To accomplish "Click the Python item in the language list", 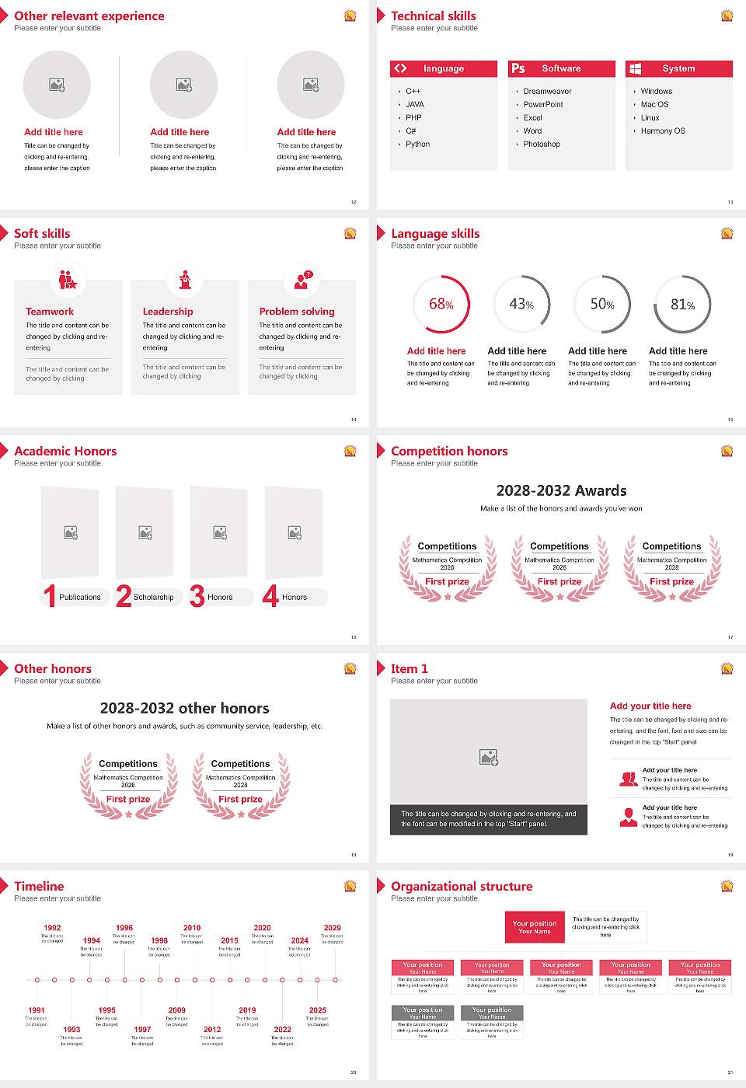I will (417, 145).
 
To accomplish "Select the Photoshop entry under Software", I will (542, 145).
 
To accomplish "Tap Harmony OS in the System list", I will (663, 131).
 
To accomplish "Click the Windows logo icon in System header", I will (635, 68).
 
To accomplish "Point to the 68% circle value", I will (441, 305).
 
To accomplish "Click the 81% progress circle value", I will (682, 305).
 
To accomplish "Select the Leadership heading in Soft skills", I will (168, 312).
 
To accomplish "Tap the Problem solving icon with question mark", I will (302, 280).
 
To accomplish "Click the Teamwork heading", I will (50, 312).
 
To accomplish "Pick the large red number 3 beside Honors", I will (197, 596).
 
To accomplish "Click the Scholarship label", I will (153, 598).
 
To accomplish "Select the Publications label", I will (80, 598).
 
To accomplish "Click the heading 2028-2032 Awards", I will (561, 491).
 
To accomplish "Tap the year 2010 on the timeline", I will (192, 928).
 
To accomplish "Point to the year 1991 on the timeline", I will (37, 1010).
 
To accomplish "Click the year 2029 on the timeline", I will (332, 928).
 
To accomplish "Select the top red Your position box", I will (535, 927).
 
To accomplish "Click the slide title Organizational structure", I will (462, 887).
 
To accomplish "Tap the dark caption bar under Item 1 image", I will (488, 819).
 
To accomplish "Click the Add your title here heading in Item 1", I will (650, 706).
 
